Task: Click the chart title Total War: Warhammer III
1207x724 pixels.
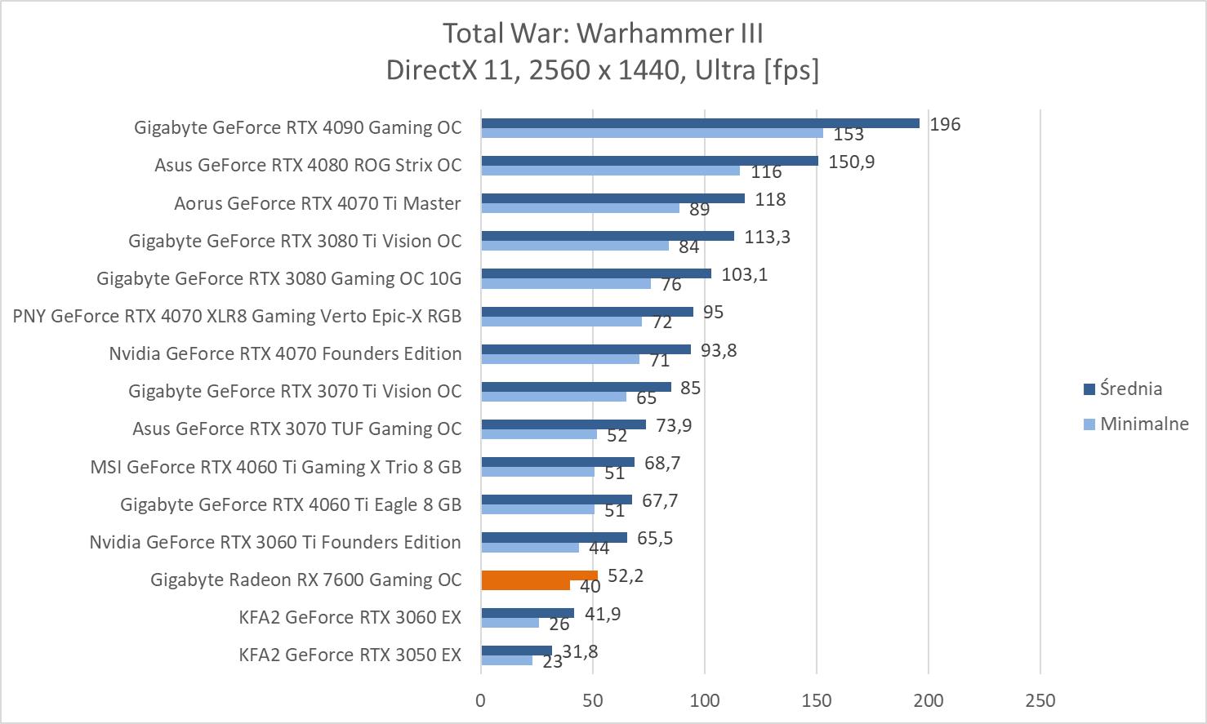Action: [603, 33]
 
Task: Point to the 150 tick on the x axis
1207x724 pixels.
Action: [817, 700]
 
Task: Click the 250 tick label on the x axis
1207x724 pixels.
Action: [1040, 700]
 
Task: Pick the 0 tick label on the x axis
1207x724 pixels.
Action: [481, 700]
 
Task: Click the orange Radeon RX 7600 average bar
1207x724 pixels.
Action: [539, 575]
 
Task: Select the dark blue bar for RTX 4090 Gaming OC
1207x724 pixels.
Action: [700, 123]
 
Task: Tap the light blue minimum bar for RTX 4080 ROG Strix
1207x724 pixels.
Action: [610, 171]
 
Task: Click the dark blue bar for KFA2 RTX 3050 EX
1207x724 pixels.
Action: [516, 651]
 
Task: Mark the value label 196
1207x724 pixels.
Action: [945, 124]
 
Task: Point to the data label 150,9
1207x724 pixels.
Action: [851, 162]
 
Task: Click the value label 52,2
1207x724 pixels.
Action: [626, 576]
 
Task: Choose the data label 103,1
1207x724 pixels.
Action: [744, 274]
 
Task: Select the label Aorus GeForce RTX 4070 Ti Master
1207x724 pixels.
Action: [317, 203]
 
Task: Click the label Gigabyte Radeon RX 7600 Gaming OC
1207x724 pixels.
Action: [305, 580]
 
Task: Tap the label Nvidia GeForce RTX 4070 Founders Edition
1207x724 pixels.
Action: [285, 353]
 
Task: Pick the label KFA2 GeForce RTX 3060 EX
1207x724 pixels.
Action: [350, 617]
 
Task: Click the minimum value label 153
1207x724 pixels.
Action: [848, 135]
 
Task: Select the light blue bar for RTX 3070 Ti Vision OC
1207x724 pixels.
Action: [554, 397]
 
